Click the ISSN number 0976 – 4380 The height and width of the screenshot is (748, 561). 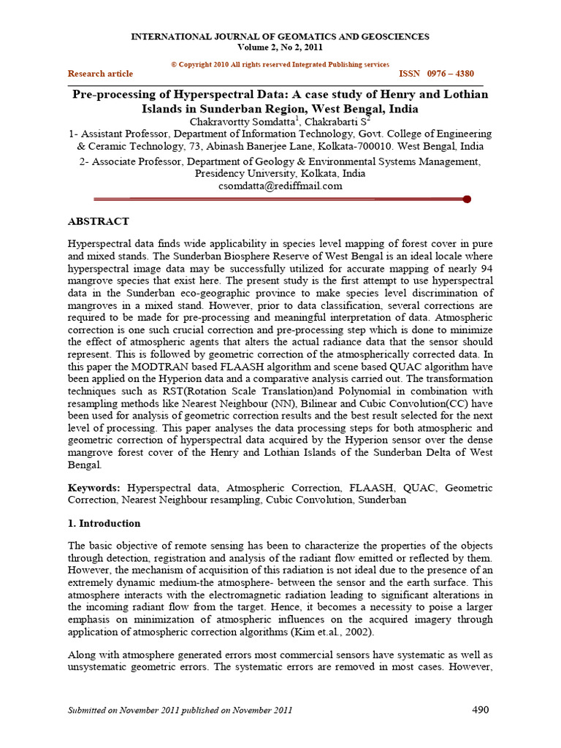pyautogui.click(x=436, y=74)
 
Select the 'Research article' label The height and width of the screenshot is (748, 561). pyautogui.click(x=100, y=74)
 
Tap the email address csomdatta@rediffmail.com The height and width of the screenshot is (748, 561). pyautogui.click(x=280, y=186)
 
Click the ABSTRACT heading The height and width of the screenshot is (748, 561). pyautogui.click(x=99, y=221)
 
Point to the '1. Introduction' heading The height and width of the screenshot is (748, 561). pyautogui.click(x=104, y=524)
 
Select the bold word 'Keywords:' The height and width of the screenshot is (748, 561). pyautogui.click(x=95, y=487)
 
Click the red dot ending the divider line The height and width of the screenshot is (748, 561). pyautogui.click(x=467, y=199)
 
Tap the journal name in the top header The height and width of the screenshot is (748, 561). pyautogui.click(x=280, y=37)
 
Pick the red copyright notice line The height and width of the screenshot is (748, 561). pyautogui.click(x=280, y=64)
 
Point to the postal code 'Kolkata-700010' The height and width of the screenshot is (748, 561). pyautogui.click(x=340, y=146)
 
